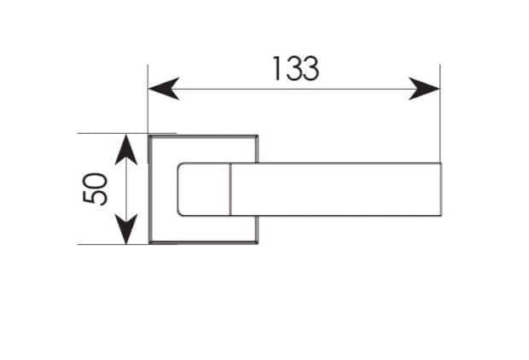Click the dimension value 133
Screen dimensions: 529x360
295,69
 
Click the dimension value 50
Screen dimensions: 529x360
96,189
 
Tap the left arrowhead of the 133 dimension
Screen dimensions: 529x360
164,89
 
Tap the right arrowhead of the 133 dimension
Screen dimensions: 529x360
424,89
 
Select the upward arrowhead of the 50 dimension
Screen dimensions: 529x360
126,149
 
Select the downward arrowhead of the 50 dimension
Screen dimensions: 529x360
126,229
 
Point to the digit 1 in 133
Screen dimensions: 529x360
276,69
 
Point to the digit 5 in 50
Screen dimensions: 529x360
96,197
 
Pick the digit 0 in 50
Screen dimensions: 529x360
96,181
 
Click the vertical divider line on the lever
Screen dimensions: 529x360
230,189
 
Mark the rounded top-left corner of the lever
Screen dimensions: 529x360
179,165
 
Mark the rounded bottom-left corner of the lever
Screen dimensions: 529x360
179,213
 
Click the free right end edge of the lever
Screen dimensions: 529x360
440,189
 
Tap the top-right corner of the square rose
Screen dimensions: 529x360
258,136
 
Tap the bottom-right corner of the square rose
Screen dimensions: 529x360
258,242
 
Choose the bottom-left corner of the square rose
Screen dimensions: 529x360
149,242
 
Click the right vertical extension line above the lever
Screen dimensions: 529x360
440,113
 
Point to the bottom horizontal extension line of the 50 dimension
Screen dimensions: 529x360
113,244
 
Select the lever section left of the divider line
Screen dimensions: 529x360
203,189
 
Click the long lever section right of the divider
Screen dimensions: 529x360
335,189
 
